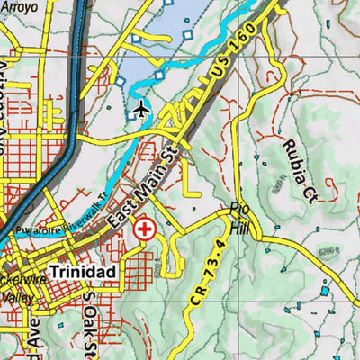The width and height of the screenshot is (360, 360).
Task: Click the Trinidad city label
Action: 84,271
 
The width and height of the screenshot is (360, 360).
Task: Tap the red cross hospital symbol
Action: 143,229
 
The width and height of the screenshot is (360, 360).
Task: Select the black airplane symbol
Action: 141,110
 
